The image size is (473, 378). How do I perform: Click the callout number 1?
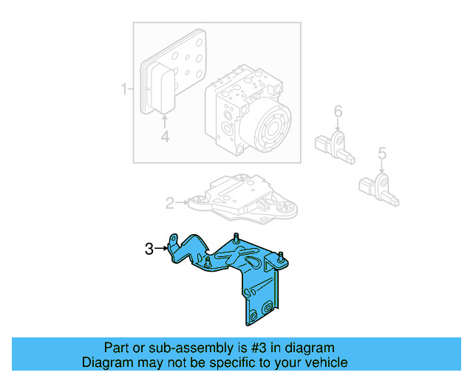[123, 90]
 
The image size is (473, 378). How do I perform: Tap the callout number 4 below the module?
[165, 136]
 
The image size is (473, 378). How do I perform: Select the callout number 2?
[169, 202]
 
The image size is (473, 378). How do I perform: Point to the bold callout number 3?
[149, 250]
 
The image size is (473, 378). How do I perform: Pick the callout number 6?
[338, 111]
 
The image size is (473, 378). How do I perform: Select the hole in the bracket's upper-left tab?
[174, 239]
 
